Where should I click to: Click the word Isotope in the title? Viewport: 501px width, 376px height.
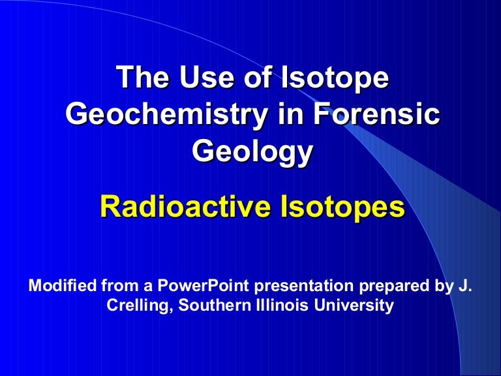335,78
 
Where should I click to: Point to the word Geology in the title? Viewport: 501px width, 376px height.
252,151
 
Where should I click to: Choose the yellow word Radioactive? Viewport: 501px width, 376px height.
186,206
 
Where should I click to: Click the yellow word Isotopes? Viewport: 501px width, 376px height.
342,208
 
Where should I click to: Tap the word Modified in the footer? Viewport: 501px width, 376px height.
63,285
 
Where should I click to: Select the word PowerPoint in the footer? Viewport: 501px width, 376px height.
203,285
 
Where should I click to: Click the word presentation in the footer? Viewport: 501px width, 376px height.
303,286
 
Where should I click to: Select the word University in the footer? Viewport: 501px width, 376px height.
354,305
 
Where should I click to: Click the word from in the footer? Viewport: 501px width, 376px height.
120,285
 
